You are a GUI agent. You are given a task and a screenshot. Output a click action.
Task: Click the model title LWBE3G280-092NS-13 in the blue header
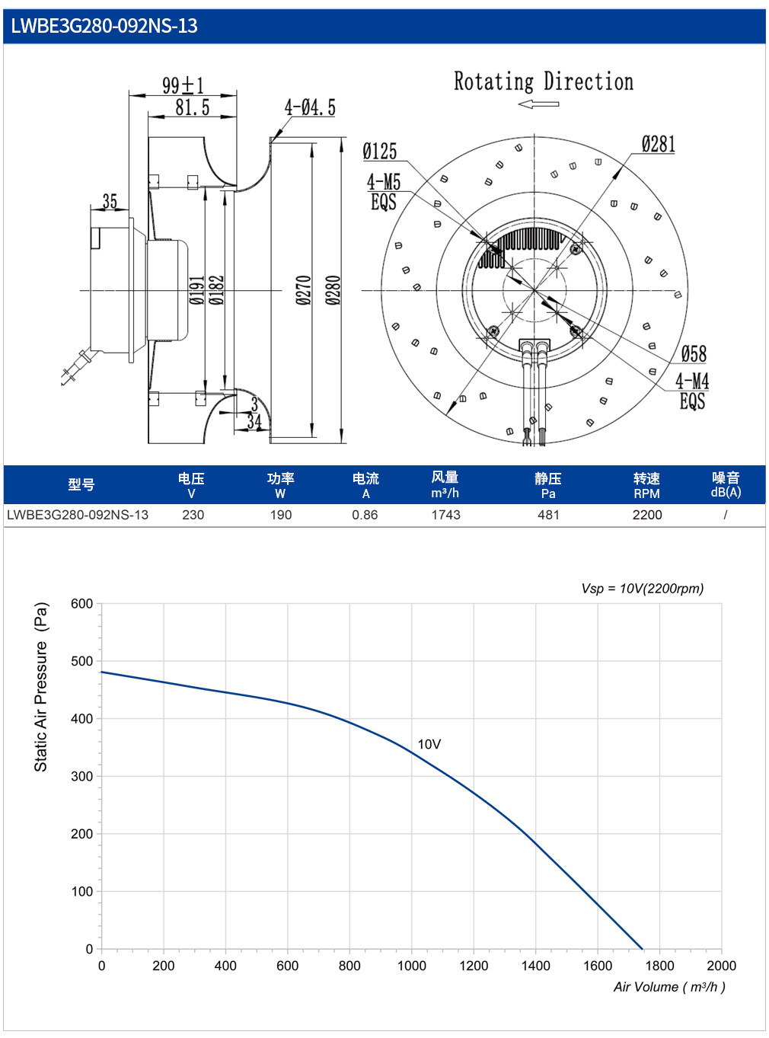(104, 26)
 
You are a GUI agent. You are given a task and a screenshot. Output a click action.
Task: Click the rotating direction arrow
(538, 104)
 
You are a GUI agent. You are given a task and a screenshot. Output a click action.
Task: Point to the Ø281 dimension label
(658, 144)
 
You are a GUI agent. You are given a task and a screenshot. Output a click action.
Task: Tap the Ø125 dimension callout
(380, 151)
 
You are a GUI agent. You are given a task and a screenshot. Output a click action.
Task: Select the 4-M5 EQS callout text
(383, 192)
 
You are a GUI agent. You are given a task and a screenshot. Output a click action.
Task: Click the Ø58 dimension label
(693, 354)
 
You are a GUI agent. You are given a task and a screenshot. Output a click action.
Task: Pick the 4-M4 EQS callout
(692, 391)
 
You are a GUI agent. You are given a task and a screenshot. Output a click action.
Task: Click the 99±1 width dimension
(183, 85)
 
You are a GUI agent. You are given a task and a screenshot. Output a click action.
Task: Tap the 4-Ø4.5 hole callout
(310, 107)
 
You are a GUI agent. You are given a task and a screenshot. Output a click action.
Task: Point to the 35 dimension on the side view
(110, 201)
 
